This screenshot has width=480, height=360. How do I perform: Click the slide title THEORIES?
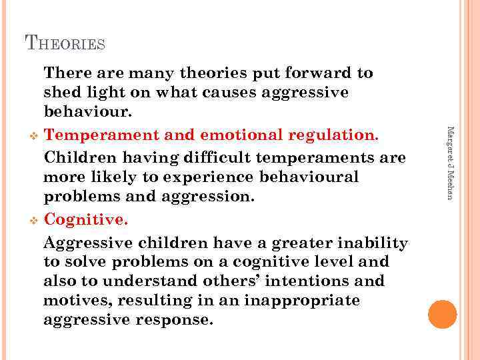point(65,43)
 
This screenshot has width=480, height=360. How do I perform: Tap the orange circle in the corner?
point(443,315)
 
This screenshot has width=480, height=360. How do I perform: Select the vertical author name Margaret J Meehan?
point(450,162)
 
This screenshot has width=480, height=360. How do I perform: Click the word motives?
point(74,301)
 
